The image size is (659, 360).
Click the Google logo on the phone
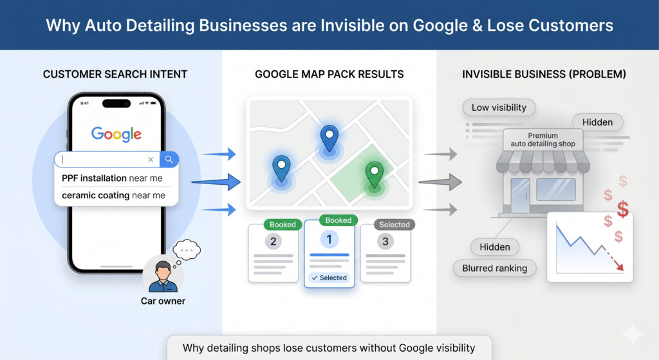click(116, 134)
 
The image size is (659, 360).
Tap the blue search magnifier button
click(169, 160)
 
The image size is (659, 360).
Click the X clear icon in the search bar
click(151, 160)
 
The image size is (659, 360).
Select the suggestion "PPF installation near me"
click(112, 178)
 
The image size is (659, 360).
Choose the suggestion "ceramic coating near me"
click(113, 196)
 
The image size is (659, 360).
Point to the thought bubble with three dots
click(187, 250)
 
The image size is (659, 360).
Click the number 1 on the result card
click(329, 240)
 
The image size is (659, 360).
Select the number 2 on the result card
click(273, 242)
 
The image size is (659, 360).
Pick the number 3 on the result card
click(385, 242)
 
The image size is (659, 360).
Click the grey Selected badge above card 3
click(394, 225)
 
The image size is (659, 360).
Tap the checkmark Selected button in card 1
click(329, 278)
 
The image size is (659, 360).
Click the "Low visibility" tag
click(499, 108)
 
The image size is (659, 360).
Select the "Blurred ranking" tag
click(495, 269)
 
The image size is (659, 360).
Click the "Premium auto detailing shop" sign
click(543, 140)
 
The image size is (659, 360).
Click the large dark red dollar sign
click(623, 209)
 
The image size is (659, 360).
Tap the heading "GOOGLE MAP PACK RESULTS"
click(329, 75)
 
